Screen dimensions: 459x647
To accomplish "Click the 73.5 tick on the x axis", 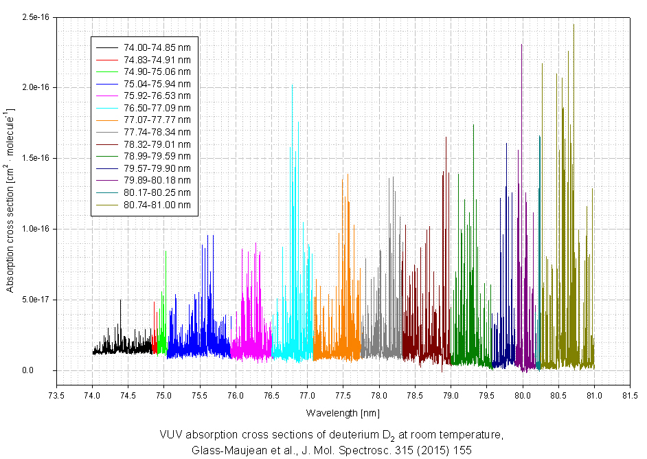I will click(56, 395).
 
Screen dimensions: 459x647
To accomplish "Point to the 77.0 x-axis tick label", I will click(307, 395).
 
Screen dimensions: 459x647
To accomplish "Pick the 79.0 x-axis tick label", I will click(451, 395).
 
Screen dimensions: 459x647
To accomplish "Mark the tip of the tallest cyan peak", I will click(298, 122).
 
